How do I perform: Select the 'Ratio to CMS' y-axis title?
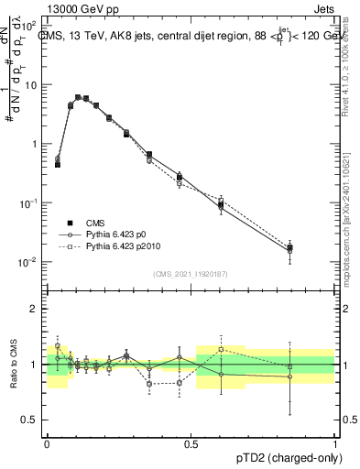pos(15,365)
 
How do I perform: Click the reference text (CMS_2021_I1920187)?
pos(191,273)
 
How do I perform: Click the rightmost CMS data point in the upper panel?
pos(289,247)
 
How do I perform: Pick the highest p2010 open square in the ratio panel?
pos(221,349)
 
